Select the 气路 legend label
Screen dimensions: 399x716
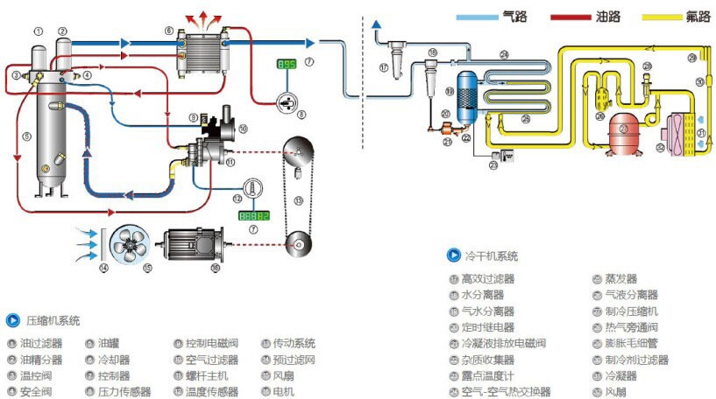[x=515, y=16]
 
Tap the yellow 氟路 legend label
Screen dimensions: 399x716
[x=699, y=16]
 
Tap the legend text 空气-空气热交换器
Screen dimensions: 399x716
[x=506, y=391]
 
